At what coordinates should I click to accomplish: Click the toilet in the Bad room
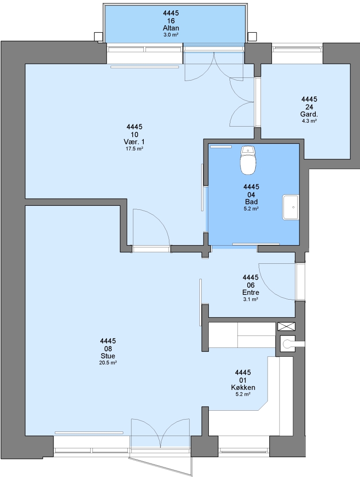[x=248, y=160]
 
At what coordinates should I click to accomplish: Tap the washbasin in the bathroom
[x=291, y=207]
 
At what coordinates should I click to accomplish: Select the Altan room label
[x=171, y=28]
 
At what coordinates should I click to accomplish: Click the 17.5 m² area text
[x=134, y=149]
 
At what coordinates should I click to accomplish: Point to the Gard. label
[x=309, y=115]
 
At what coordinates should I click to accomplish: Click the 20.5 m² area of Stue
[x=108, y=363]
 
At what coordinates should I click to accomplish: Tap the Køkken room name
[x=243, y=387]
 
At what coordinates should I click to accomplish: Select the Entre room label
[x=251, y=293]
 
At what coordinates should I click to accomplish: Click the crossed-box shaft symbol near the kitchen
[x=286, y=327]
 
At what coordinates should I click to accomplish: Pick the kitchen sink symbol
[x=288, y=344]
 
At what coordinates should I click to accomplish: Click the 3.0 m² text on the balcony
[x=171, y=35]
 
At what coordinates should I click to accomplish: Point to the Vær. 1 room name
[x=134, y=142]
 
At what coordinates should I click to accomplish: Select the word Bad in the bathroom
[x=251, y=202]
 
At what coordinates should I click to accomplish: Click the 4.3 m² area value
[x=309, y=121]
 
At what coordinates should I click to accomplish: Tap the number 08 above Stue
[x=108, y=349]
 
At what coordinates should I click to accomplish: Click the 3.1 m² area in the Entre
[x=251, y=299]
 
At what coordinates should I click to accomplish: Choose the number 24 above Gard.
[x=309, y=107]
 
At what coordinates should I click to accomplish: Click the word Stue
[x=108, y=356]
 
